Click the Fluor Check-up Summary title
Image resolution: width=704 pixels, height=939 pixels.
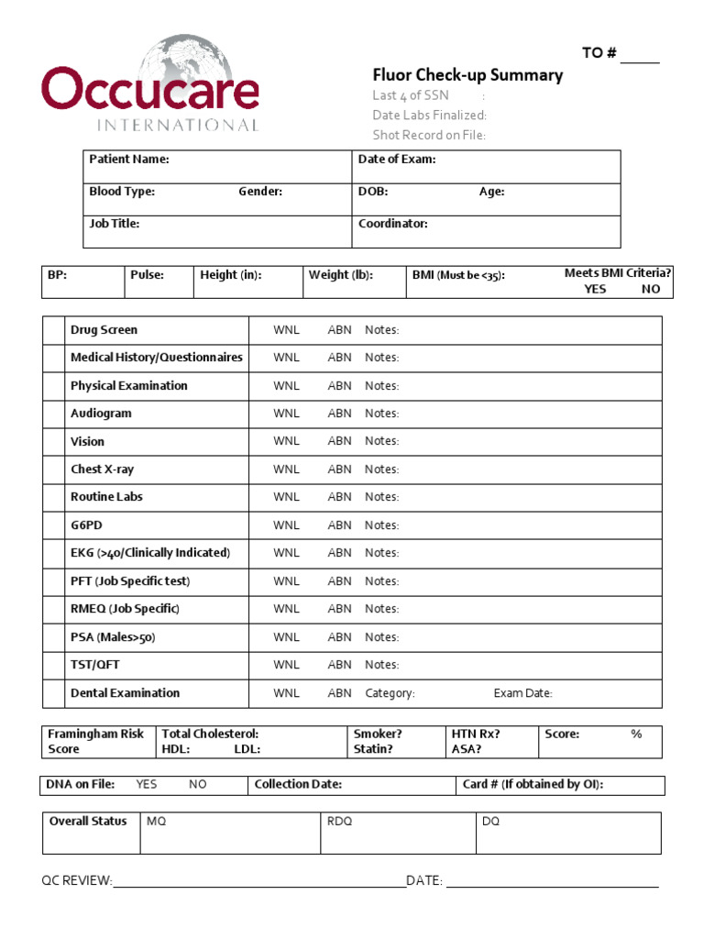[x=467, y=75]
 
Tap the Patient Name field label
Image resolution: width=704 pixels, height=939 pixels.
[x=129, y=160]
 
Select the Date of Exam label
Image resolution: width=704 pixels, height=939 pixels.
[x=397, y=160]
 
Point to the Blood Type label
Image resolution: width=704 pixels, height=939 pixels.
[x=122, y=192]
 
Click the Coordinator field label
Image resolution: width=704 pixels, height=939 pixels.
[x=393, y=224]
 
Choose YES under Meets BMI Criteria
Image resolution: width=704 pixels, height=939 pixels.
[x=597, y=289]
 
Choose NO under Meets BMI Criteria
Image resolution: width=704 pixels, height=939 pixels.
[x=651, y=289]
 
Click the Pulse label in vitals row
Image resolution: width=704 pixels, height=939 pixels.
[x=147, y=275]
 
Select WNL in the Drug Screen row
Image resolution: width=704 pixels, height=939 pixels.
[x=286, y=330]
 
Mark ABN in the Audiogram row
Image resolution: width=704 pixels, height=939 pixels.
[x=339, y=414]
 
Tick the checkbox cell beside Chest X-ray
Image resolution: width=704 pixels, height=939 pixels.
[x=53, y=469]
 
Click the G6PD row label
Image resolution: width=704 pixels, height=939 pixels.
[x=88, y=525]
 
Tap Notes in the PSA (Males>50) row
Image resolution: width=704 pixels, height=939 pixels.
[x=381, y=637]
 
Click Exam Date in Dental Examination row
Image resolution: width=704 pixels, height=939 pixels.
[x=522, y=693]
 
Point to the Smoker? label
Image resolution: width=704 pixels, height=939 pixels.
[x=378, y=735]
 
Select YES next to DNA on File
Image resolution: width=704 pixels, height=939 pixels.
[x=147, y=785]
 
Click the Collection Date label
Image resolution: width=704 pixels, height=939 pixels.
[x=298, y=785]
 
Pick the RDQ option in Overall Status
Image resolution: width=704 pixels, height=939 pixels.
[x=339, y=822]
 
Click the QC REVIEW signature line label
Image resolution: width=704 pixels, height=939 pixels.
[x=77, y=881]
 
